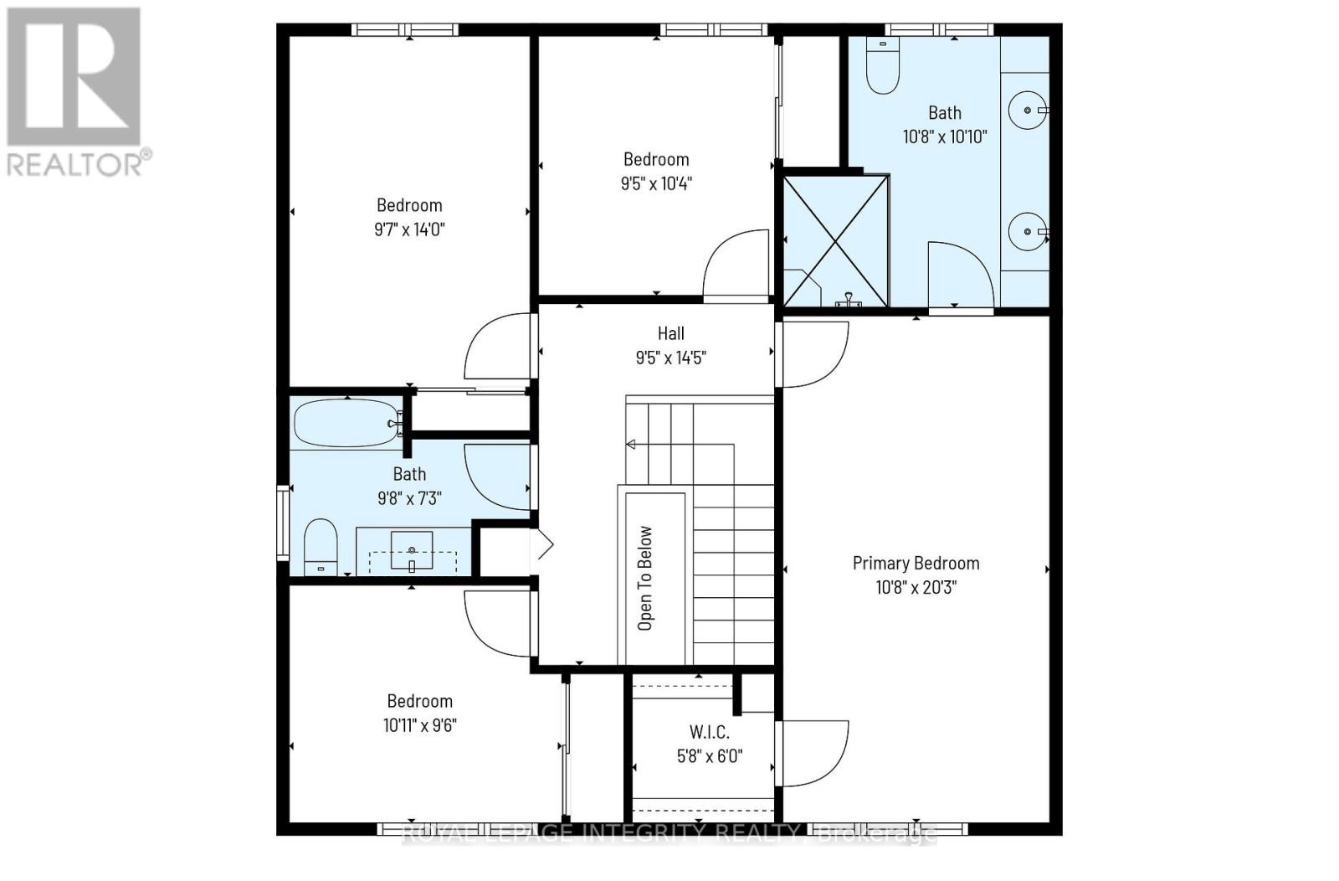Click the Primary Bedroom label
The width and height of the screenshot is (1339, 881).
(x=916, y=564)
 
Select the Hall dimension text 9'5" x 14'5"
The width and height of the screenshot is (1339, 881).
(x=670, y=358)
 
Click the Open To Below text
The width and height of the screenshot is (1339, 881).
(x=645, y=578)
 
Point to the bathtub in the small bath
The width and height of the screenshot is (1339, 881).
(x=346, y=423)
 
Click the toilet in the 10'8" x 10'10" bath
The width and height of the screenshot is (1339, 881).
(x=882, y=67)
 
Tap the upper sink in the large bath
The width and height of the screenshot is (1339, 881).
(x=1025, y=110)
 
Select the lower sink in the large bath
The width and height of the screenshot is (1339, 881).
(x=1025, y=230)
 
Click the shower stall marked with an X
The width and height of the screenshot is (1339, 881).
(x=835, y=241)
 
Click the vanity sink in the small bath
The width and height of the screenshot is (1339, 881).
(x=412, y=551)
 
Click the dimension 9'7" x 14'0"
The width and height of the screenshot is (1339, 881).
(x=409, y=229)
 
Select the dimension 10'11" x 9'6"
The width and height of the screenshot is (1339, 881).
(x=419, y=725)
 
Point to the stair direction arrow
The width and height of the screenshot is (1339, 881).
(x=631, y=445)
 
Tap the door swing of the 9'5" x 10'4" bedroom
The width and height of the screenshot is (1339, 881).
(x=736, y=264)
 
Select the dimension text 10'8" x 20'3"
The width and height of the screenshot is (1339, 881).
(x=916, y=587)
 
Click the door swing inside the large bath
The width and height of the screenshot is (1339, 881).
(x=960, y=275)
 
